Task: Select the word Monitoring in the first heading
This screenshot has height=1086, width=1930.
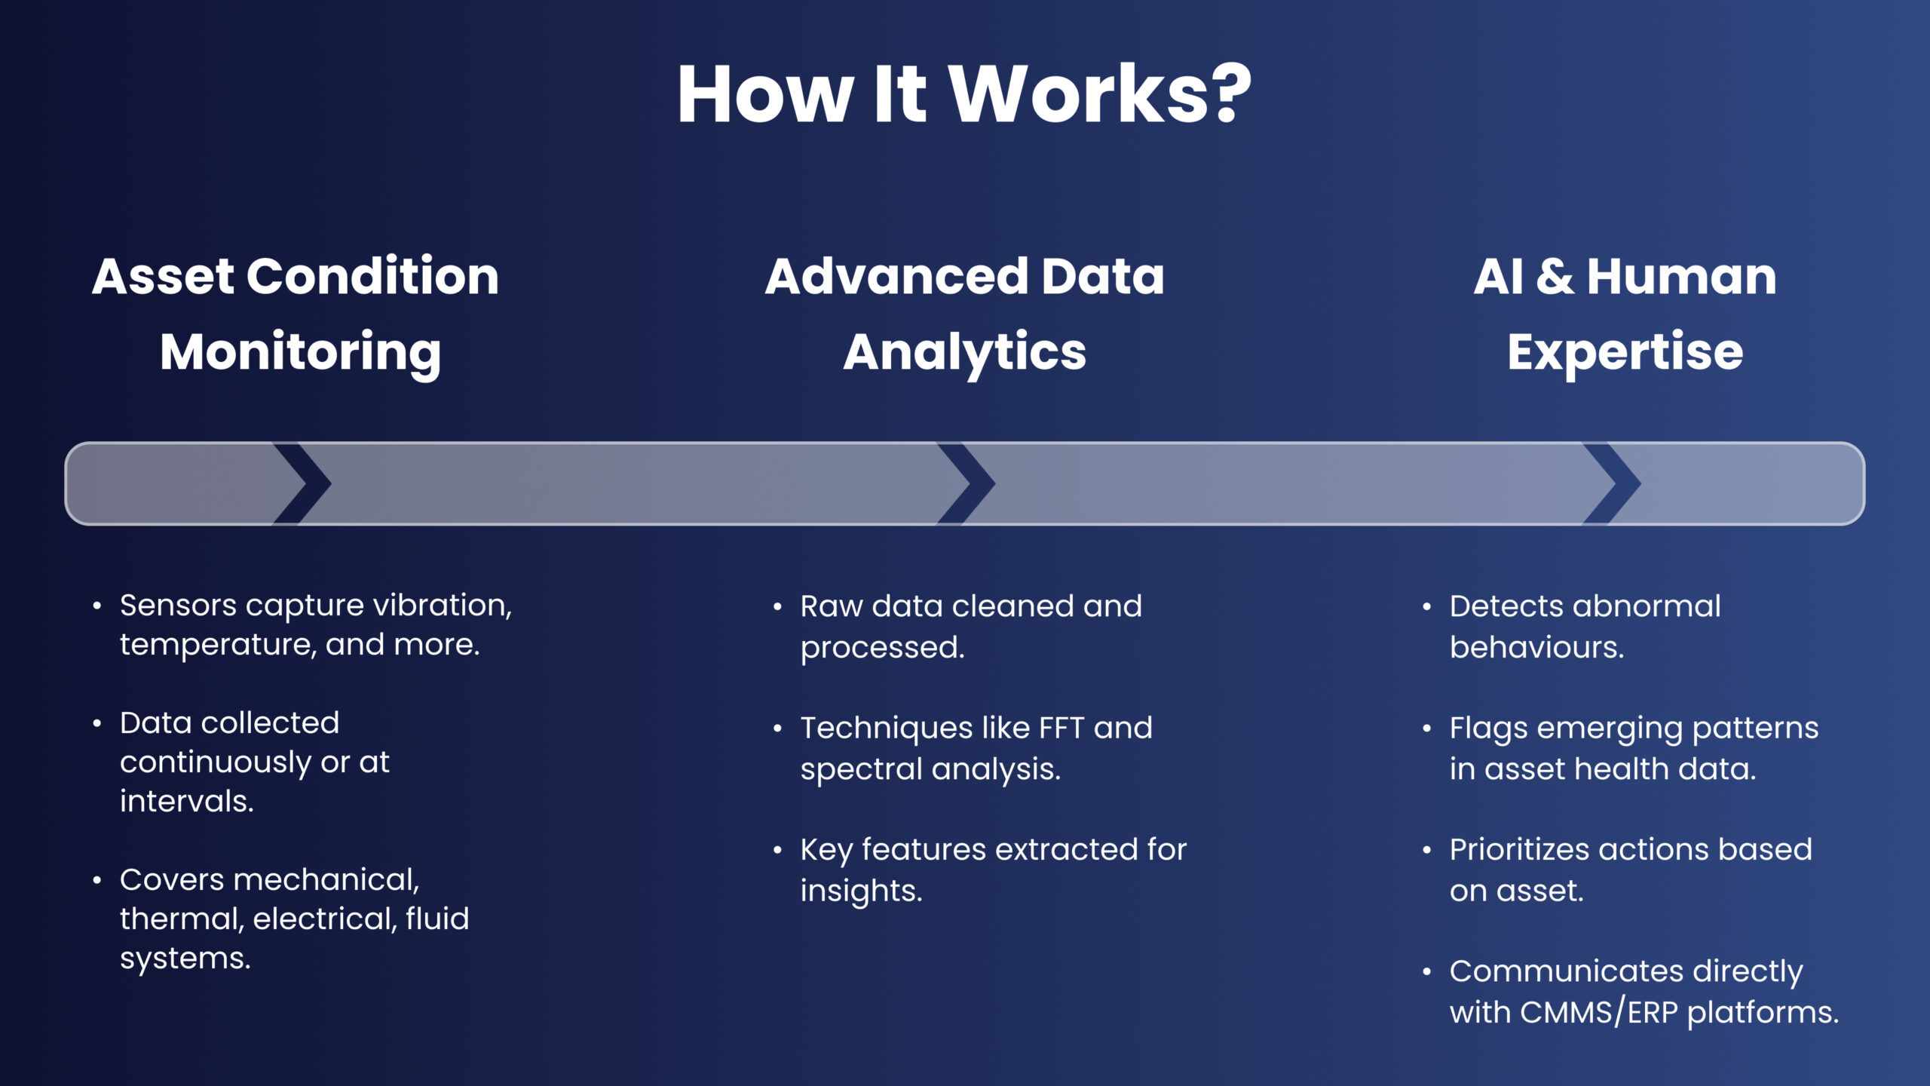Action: click(300, 352)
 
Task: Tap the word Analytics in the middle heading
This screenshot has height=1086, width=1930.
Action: click(964, 352)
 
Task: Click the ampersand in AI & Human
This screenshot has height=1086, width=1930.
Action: click(1554, 276)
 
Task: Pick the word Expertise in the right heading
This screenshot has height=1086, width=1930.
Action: click(1625, 352)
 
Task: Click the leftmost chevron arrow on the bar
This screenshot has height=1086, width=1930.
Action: click(303, 483)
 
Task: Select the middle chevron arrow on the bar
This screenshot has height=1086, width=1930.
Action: click(967, 483)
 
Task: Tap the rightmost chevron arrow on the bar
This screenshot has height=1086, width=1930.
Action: click(1613, 483)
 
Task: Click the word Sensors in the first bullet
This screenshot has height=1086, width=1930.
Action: click(178, 605)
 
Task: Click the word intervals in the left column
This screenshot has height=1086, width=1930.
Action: click(186, 801)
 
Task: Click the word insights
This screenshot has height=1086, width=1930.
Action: click(861, 891)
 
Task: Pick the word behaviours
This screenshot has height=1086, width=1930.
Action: click(1536, 647)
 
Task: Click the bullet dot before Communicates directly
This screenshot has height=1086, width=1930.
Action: click(1426, 972)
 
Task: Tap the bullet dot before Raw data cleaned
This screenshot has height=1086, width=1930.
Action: click(777, 607)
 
